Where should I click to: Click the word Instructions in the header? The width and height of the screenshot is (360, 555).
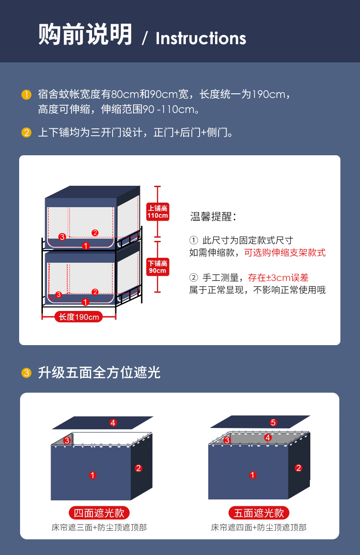201,38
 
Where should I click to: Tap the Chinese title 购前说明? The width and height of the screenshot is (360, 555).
85,34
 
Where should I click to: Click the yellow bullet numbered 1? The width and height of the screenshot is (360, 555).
26,95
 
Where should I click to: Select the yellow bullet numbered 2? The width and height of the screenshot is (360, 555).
26,132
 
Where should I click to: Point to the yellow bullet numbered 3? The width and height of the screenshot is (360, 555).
26,373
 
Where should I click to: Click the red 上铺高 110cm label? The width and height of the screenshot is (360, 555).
158,212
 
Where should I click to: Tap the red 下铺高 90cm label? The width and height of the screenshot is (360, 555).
158,267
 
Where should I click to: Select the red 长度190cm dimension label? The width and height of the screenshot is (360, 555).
78,317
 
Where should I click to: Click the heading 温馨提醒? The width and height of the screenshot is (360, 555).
213,217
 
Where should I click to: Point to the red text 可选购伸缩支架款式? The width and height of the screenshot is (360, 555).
285,253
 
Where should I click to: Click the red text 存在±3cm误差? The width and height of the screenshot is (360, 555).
278,278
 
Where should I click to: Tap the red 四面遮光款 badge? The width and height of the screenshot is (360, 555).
99,513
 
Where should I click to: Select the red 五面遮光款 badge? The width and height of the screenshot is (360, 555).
259,513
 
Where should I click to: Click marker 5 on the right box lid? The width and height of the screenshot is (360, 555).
273,423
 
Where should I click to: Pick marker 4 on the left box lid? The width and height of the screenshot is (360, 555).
113,423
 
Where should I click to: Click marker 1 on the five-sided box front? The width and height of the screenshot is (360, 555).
252,475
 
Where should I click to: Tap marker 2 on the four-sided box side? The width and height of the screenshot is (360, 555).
139,468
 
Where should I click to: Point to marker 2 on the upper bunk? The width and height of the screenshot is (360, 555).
95,233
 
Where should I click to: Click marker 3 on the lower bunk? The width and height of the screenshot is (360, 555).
58,295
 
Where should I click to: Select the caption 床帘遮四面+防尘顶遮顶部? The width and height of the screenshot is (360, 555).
259,528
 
